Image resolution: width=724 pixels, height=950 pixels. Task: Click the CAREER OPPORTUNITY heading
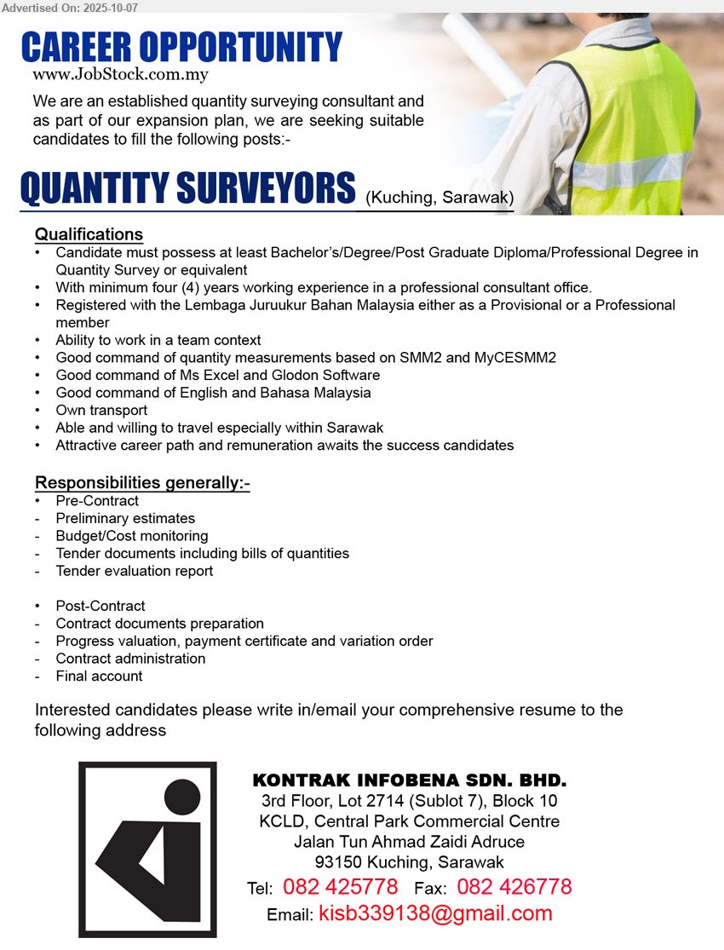(181, 46)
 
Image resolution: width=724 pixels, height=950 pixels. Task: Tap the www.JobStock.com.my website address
(120, 74)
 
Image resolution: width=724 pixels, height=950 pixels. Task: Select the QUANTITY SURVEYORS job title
(187, 189)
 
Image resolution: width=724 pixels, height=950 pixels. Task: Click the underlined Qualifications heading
(89, 234)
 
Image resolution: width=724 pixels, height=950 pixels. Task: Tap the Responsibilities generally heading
(142, 484)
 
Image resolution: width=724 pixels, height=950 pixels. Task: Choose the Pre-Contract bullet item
(97, 501)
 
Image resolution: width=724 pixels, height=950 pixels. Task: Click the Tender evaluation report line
(135, 571)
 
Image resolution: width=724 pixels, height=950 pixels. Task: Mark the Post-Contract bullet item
(101, 606)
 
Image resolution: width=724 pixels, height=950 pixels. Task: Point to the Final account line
(99, 677)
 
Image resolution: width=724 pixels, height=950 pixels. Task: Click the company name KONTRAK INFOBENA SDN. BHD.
(410, 780)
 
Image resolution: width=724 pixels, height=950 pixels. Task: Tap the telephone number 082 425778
(340, 888)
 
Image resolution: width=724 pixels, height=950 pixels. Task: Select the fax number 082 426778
(514, 888)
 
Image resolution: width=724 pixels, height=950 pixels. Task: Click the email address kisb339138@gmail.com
(435, 914)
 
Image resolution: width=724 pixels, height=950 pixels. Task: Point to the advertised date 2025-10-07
(114, 6)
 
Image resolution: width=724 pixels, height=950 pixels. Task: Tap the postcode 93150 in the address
(336, 862)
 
